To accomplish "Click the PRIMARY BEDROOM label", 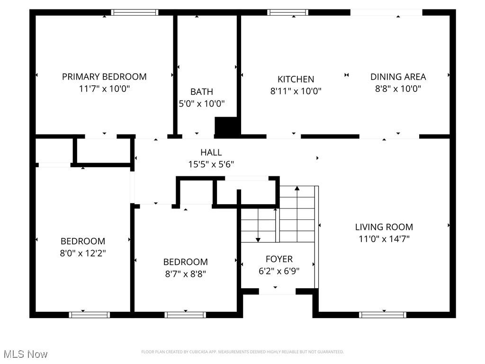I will click(x=104, y=76).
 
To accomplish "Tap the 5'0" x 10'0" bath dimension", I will click(x=201, y=103).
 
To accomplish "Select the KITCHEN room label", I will click(x=296, y=79).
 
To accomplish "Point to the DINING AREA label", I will click(x=398, y=76).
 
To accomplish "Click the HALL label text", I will click(x=211, y=152).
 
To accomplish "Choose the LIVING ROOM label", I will click(x=384, y=227).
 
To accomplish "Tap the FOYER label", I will click(x=279, y=259).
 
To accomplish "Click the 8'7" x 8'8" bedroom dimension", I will click(x=185, y=273).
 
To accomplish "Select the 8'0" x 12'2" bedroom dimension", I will click(x=83, y=253).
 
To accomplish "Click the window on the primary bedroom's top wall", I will click(x=135, y=12).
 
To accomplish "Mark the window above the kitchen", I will click(x=287, y=12).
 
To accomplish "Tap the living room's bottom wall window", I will click(x=383, y=314).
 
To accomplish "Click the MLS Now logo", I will click(x=25, y=354).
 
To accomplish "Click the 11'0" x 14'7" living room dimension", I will click(x=384, y=239).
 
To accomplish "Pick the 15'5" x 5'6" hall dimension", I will click(x=211, y=164).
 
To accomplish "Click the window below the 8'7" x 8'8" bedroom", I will click(x=185, y=314).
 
